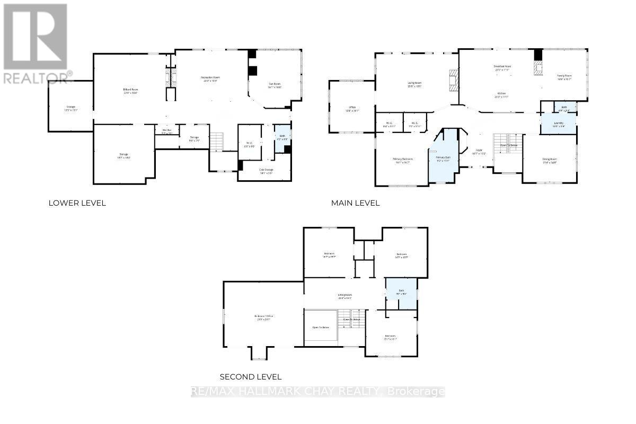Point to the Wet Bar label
(166, 132)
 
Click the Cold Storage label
(266, 171)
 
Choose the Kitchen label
(501, 94)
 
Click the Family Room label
(564, 77)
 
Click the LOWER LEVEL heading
(77, 203)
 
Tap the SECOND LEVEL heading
(251, 377)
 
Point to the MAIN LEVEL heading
(355, 203)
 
